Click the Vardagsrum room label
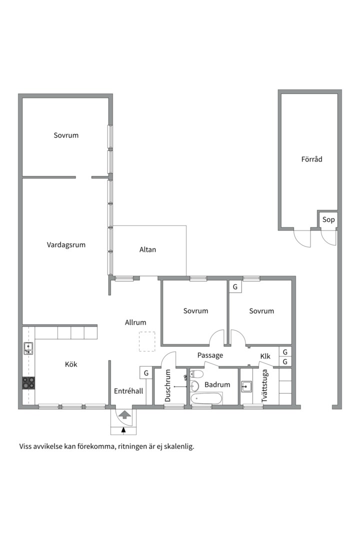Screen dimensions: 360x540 pos(66,245)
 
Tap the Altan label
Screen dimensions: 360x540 pos(147,249)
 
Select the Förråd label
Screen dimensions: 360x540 pos(312,159)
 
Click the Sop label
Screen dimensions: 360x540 pos(328,219)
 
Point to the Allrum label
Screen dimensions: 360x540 pos(135,322)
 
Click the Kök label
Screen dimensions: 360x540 pos(71,364)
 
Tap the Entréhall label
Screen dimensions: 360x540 pos(128,391)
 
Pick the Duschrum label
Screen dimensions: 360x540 pos(168,385)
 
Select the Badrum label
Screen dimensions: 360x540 pos(217,384)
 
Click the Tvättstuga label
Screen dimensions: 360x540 pos(264,385)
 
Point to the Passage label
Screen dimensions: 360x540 pos(210,355)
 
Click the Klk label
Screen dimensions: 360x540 pos(265,356)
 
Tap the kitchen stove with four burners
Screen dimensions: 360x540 pos(28,383)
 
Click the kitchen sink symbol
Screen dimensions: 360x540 pos(28,348)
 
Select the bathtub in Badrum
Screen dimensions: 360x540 pos(206,399)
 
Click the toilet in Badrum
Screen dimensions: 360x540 pos(196,374)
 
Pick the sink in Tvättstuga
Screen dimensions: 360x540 pos(246,386)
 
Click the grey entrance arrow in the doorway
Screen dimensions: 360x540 pos(124,414)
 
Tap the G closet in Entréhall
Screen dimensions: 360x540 pos(146,373)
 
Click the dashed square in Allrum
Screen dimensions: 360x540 pos(147,341)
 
